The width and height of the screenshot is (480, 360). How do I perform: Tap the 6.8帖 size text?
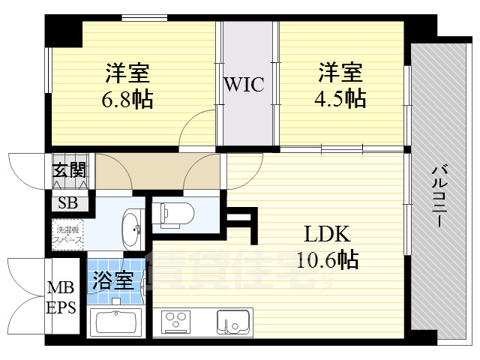coord(127,99)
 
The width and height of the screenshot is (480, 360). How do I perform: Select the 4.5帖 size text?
coord(341,98)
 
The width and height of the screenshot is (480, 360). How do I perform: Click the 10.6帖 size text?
coord(328,260)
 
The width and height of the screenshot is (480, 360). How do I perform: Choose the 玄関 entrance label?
coord(69,170)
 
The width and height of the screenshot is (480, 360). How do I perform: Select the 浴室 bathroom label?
coord(113,282)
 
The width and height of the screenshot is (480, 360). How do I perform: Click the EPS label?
coord(61,307)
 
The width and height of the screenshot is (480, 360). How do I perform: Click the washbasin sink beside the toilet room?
coord(132,228)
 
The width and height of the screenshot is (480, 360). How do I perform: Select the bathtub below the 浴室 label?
coord(118,323)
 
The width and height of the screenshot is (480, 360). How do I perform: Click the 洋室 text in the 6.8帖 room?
coord(127,74)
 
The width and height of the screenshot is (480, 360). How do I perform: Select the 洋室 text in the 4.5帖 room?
coord(341,73)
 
